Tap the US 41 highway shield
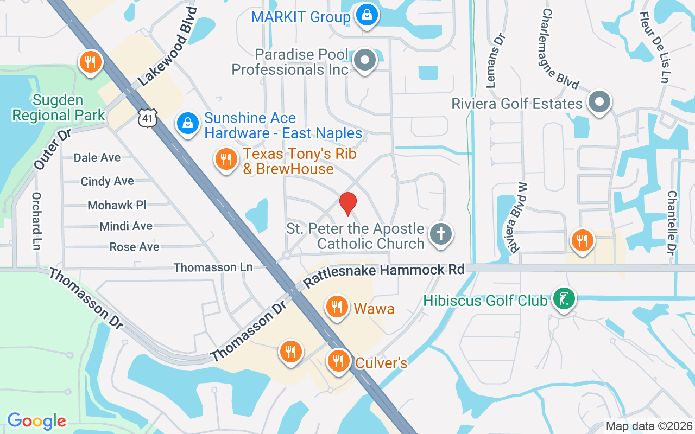[147, 118]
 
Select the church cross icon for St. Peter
[440, 235]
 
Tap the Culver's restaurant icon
[339, 361]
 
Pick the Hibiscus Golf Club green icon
[564, 298]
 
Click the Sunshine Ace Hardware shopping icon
[187, 124]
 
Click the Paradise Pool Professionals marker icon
[365, 61]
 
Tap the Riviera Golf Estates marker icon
[599, 102]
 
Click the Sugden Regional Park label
[58, 107]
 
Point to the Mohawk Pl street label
[117, 205]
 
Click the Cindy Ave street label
[107, 181]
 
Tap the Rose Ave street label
[135, 247]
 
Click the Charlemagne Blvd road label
[560, 49]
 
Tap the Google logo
[36, 420]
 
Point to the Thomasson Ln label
[213, 267]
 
